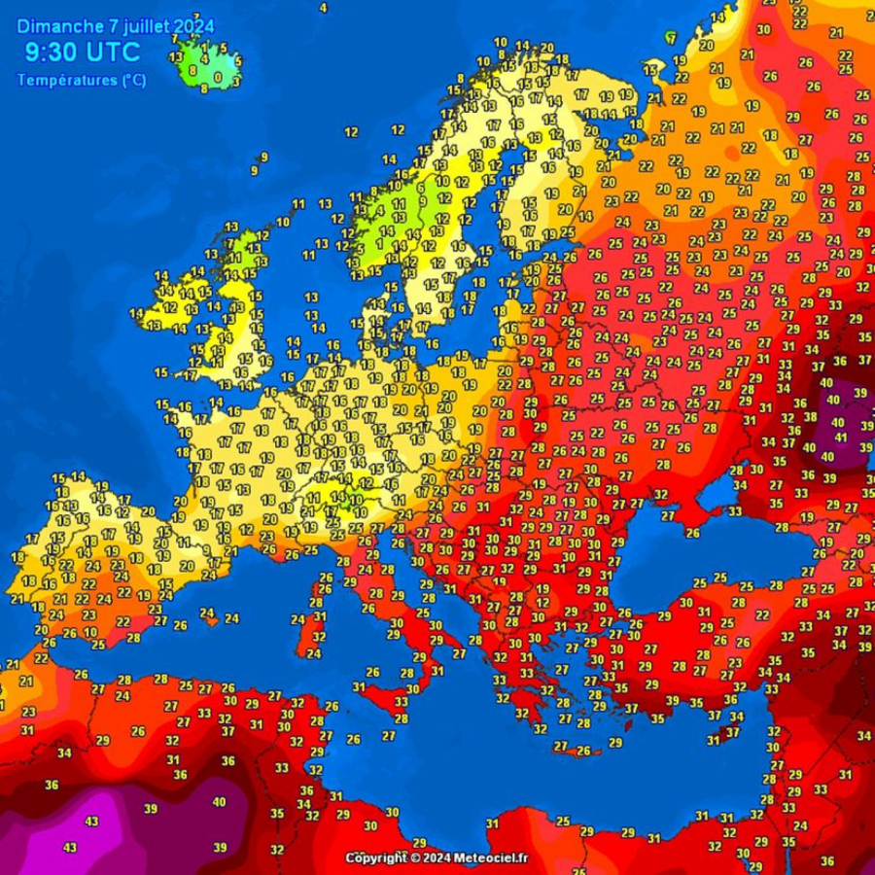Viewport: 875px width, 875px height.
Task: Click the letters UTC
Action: pos(113,52)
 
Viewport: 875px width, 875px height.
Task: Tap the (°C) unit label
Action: pos(134,80)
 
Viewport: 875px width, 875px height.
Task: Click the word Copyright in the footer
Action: pos(376,857)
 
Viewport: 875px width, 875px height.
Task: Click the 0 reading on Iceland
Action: pos(218,77)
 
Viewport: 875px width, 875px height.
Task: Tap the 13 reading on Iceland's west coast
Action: pos(176,58)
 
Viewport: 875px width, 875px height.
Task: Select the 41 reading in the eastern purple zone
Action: pos(841,437)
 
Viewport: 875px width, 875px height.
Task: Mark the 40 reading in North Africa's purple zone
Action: pos(219,802)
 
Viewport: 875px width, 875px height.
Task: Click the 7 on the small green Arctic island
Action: pos(670,37)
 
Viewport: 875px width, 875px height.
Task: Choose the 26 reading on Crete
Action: pos(583,751)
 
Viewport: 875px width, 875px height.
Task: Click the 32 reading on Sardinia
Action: pos(318,637)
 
